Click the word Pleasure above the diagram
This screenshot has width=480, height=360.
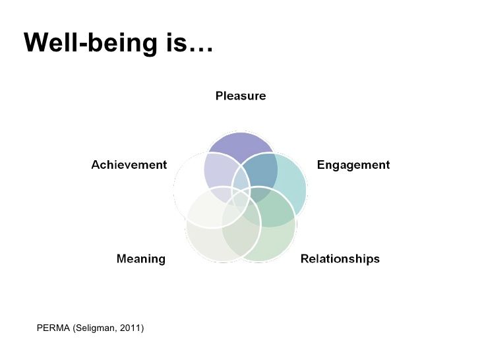[241, 96]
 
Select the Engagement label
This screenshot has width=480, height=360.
[353, 165]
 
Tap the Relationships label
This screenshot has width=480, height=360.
[340, 258]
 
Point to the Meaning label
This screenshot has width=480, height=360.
[141, 259]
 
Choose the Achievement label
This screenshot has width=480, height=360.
[129, 165]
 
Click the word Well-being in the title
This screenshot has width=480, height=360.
[90, 43]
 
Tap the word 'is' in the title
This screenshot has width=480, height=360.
[177, 43]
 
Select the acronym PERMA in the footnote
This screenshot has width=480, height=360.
[53, 328]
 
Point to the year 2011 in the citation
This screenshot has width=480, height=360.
[132, 328]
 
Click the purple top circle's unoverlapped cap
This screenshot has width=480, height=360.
[241, 144]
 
